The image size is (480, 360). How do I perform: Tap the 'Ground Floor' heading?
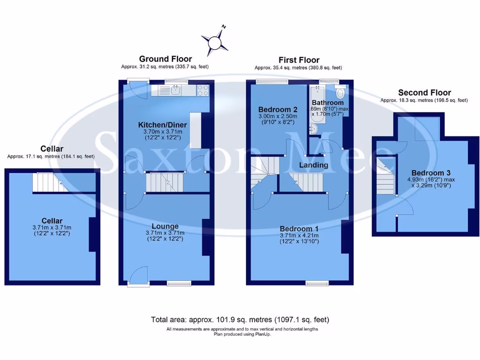coord(165,59)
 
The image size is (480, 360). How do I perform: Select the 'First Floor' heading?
coord(299,60)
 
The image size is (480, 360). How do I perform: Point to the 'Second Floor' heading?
coord(424,93)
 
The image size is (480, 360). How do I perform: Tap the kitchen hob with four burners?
coord(203,90)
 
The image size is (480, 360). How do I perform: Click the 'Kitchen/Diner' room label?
coord(162,125)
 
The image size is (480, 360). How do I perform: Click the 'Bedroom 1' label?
coord(299,228)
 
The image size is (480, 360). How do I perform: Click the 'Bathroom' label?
coord(328,103)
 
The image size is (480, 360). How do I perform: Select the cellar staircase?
coord(44,182)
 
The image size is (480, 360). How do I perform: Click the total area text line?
coord(240,320)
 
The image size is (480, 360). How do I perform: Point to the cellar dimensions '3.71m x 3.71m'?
coord(52,227)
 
